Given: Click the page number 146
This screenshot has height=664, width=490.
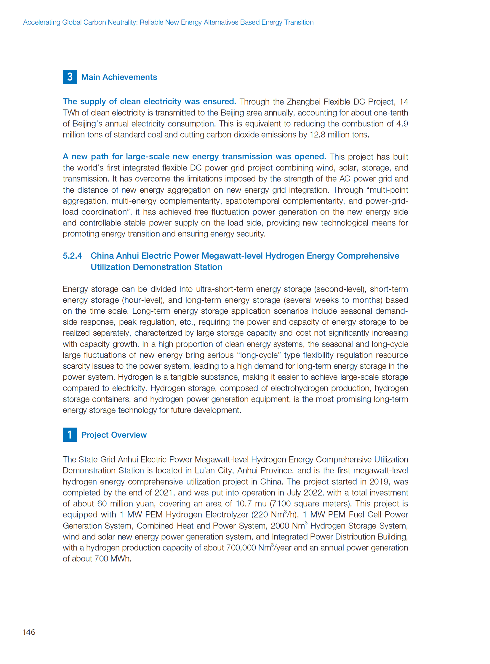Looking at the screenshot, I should pyautogui.click(x=29, y=632).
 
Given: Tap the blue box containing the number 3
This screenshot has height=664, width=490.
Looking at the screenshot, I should pyautogui.click(x=70, y=77).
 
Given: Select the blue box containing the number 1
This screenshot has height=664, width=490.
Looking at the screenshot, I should pyautogui.click(x=70, y=435).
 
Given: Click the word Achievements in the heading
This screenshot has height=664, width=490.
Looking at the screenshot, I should pyautogui.click(x=130, y=77).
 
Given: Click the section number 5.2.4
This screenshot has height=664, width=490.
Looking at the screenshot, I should pyautogui.click(x=72, y=256).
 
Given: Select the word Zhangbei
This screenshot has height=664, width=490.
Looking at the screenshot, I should pyautogui.click(x=303, y=101).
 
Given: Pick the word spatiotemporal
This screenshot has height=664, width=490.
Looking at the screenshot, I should pyautogui.click(x=252, y=201).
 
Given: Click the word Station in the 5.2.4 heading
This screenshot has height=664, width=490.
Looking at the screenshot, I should pyautogui.click(x=208, y=267).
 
